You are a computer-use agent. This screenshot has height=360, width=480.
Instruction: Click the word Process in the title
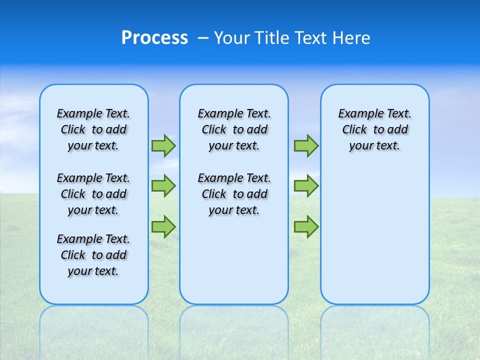(x=154, y=38)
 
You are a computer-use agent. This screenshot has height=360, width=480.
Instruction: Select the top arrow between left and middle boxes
(x=163, y=145)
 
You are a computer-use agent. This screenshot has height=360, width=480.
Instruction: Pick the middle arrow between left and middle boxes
(x=163, y=185)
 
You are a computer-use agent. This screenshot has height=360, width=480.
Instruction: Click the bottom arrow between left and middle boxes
(x=163, y=226)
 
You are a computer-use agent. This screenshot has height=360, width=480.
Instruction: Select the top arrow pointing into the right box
(x=306, y=145)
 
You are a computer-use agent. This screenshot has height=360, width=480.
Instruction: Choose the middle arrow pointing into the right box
(x=306, y=185)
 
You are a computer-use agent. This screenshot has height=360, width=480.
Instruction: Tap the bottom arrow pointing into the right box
(x=306, y=227)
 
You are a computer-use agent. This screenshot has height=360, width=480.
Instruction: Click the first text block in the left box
(x=93, y=129)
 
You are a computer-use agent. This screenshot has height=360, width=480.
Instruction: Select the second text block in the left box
(x=93, y=194)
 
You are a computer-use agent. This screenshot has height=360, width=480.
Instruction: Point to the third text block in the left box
(x=93, y=255)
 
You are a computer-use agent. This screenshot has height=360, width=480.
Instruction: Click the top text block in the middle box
(x=234, y=129)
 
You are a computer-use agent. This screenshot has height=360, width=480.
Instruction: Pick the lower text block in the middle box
(x=234, y=194)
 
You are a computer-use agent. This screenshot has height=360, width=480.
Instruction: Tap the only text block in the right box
(x=375, y=129)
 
